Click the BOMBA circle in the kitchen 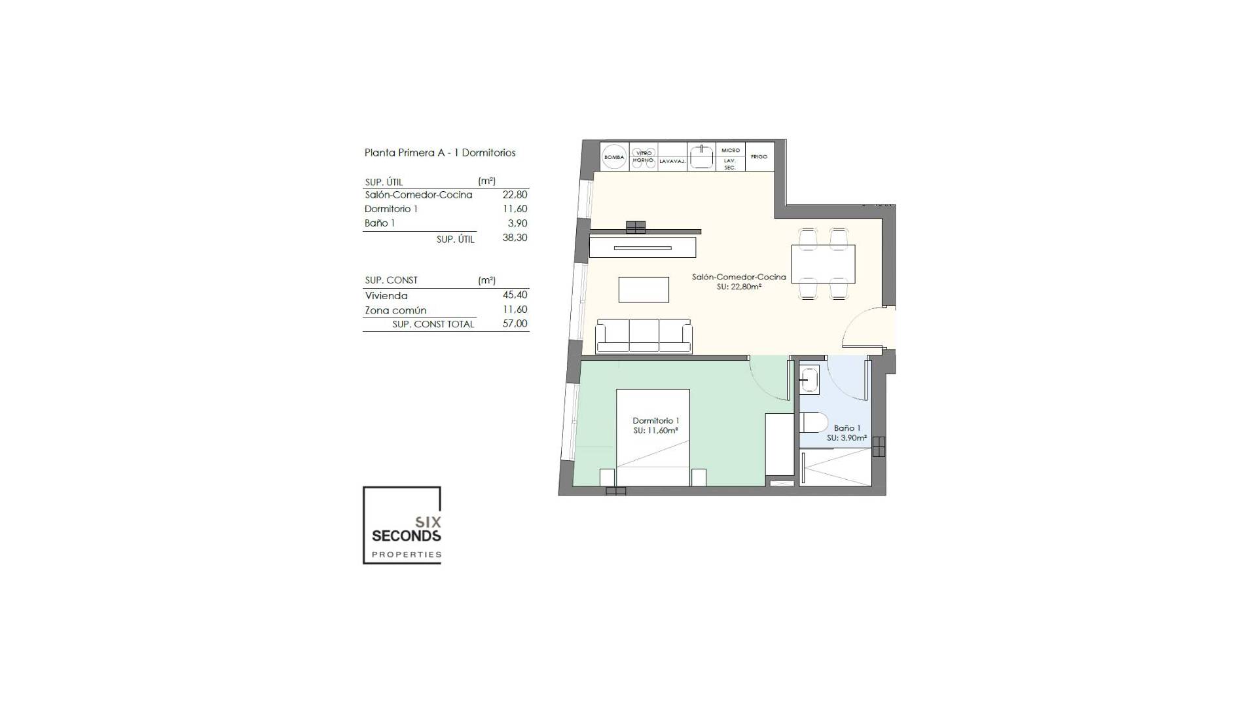614,157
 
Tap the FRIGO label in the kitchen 759,157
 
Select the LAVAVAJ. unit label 672,161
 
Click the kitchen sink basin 702,157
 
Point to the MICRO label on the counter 730,151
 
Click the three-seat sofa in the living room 644,336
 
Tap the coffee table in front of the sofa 644,289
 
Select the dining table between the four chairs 823,263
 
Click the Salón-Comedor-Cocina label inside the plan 738,278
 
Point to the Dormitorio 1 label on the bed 655,421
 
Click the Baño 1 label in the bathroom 847,428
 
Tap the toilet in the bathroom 814,424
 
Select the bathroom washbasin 809,380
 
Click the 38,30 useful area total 515,238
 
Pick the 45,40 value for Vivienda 515,295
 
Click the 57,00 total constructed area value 515,323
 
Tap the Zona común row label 395,310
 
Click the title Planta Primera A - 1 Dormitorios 440,153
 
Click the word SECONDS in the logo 406,536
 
